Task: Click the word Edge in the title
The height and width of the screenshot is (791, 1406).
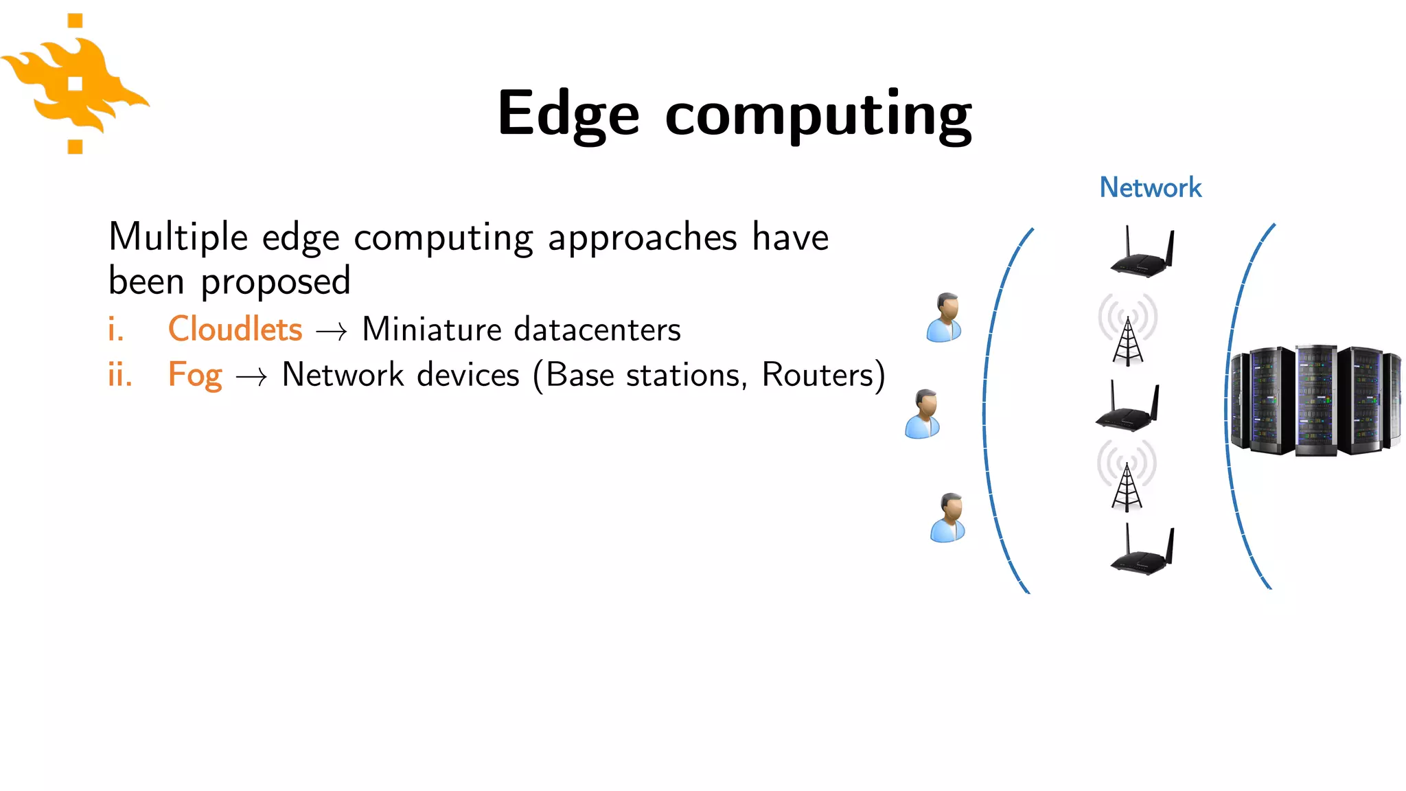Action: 568,114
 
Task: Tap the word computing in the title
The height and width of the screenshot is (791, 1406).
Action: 818,115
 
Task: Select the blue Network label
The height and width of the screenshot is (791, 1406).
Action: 1150,187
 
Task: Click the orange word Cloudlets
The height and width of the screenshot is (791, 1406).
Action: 235,329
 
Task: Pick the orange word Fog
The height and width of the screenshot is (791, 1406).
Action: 195,375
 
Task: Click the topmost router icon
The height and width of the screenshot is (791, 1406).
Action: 1142,253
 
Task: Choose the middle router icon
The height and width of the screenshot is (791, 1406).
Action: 1127,407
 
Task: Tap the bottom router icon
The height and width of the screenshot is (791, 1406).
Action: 1142,550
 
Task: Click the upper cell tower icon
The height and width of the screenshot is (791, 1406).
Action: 1128,330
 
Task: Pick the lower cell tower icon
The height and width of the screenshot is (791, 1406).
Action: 1127,476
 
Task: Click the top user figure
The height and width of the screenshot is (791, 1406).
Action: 945,317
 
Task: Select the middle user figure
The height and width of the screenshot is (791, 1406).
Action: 923,414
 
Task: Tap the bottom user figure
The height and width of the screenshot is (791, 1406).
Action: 948,518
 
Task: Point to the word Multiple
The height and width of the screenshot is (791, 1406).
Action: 178,238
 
